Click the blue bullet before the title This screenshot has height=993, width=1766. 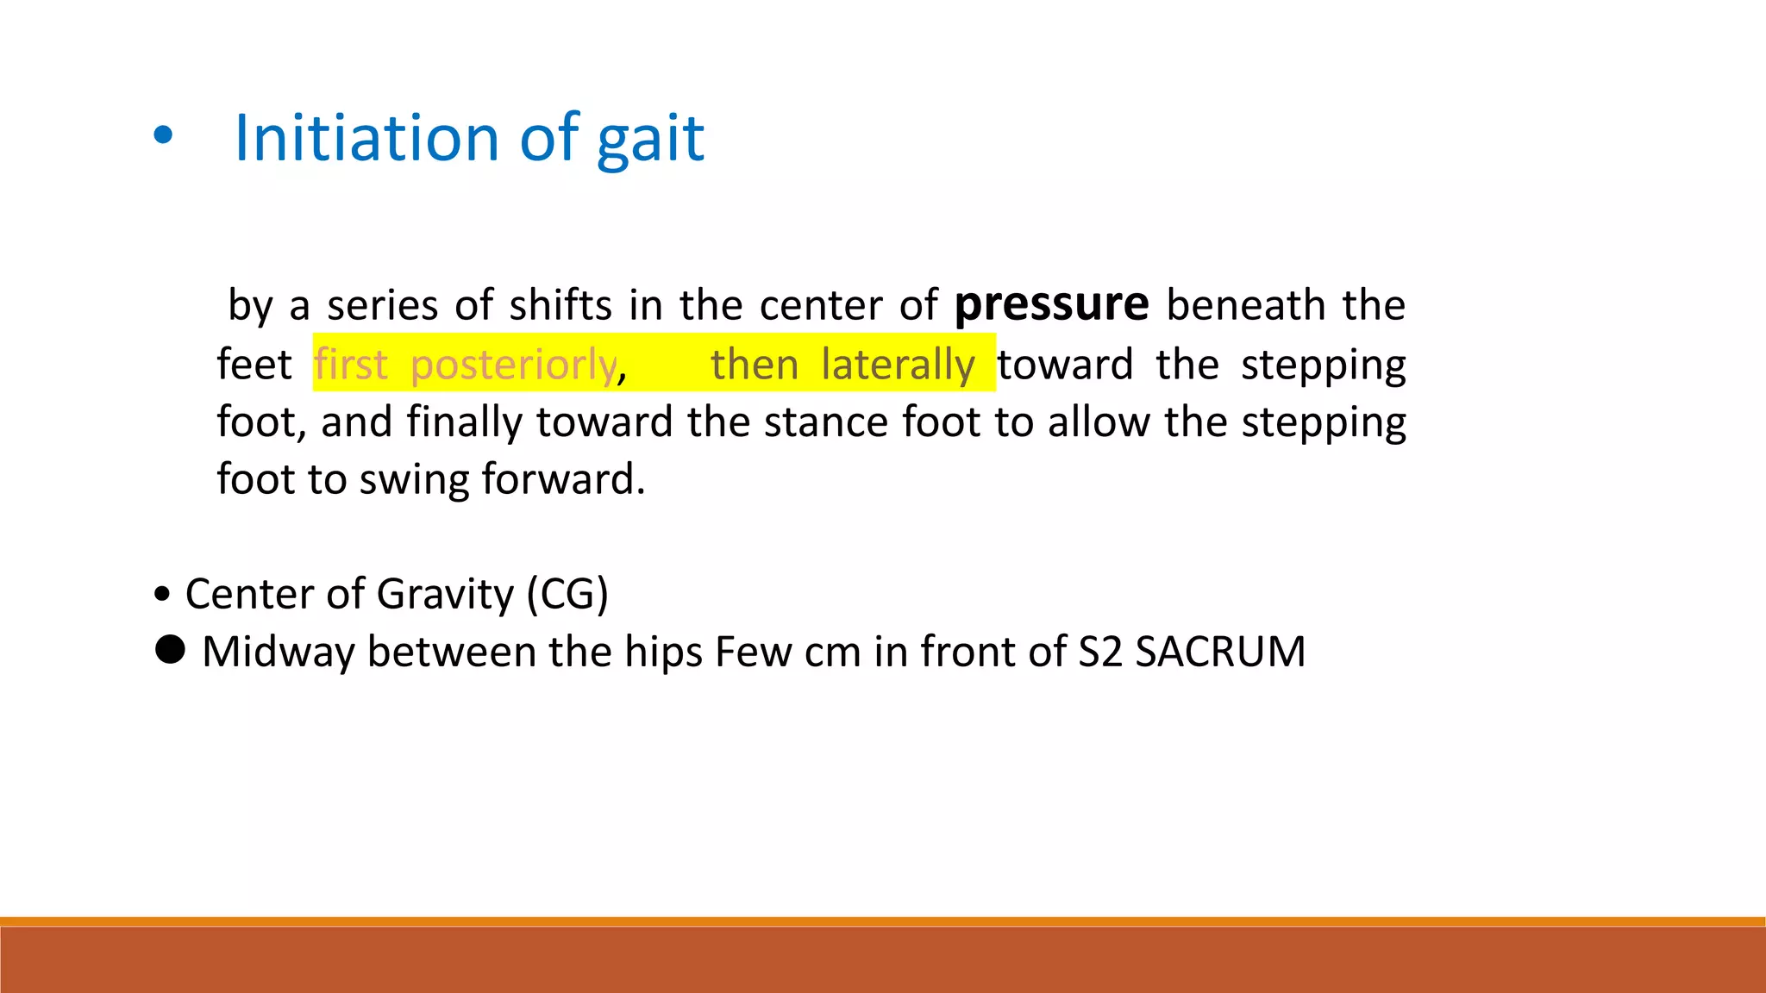(x=162, y=135)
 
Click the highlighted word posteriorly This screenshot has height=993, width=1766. (x=513, y=365)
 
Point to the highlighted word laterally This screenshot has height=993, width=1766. (x=898, y=365)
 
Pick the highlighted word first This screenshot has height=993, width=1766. (x=350, y=365)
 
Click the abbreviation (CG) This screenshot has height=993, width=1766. (x=567, y=595)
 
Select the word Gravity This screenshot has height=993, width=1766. (x=445, y=595)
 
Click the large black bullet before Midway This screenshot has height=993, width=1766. (x=170, y=649)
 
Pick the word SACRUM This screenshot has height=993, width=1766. (x=1219, y=652)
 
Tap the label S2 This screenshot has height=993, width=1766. (x=1099, y=652)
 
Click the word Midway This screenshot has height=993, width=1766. (x=278, y=652)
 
